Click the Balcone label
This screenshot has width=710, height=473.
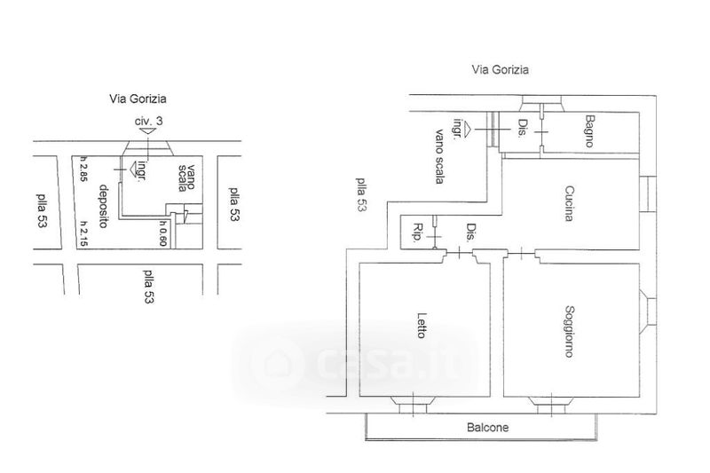[x=488, y=428]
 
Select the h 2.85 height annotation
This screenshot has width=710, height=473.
[x=83, y=168]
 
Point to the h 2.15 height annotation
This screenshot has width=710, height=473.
[x=83, y=233]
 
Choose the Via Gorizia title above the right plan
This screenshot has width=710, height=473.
[x=501, y=68]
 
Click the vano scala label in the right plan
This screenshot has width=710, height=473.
[x=438, y=155]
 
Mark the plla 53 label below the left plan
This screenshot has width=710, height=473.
[x=148, y=286]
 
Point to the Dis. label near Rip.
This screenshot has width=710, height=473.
[x=469, y=233]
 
